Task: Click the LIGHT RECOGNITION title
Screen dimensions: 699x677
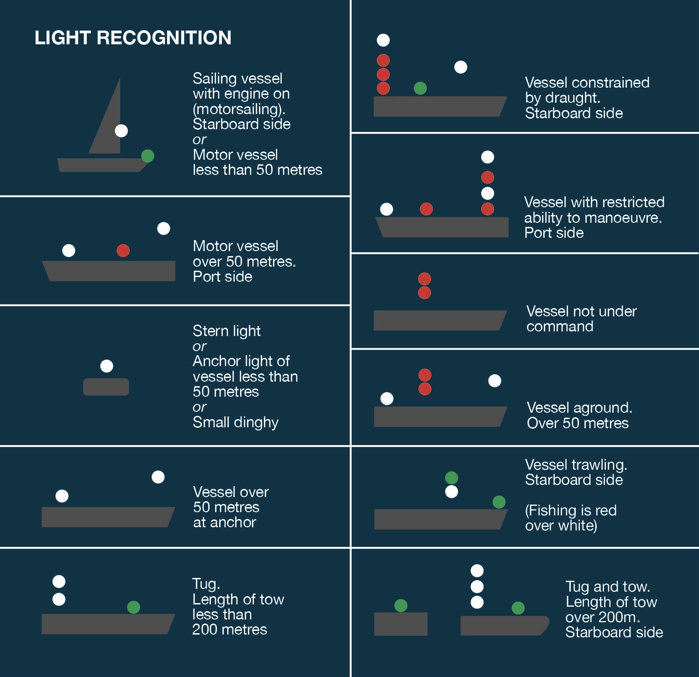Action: coord(133,37)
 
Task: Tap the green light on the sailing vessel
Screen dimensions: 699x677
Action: coord(147,156)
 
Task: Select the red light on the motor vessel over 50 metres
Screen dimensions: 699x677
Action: coord(123,250)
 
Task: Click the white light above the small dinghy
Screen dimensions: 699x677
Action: coord(106,366)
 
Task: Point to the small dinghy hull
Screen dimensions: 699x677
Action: coord(106,387)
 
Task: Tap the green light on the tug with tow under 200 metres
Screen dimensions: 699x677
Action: coord(133,607)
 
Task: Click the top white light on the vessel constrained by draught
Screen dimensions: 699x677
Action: coord(383,40)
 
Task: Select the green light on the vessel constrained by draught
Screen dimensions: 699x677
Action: coord(420,88)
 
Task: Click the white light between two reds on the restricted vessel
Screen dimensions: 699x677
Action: coord(488,193)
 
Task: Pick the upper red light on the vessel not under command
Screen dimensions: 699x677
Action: coord(425,278)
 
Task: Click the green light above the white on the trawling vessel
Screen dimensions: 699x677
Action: coord(452,478)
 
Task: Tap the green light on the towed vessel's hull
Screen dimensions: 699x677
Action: coord(401,605)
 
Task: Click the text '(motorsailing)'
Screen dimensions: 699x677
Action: coord(239,109)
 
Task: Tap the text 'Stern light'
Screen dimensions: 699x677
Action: coord(226,331)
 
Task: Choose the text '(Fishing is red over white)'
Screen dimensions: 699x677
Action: coord(571,518)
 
